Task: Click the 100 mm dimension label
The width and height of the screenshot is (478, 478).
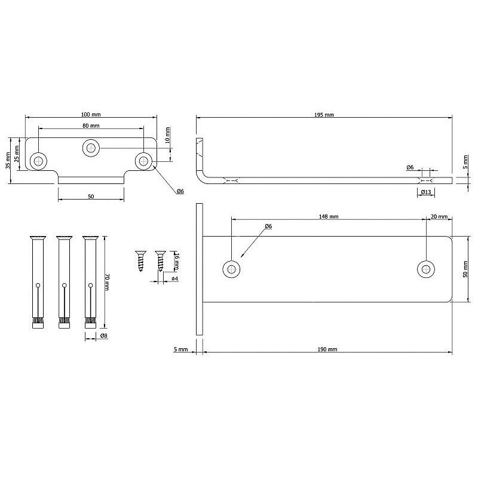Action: (91, 115)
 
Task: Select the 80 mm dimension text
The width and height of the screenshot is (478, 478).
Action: (91, 125)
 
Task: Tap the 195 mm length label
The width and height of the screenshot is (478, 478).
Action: (324, 115)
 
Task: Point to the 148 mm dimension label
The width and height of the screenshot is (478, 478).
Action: (329, 217)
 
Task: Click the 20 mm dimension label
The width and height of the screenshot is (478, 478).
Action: (439, 217)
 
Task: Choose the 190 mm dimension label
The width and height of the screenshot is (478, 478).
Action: (327, 350)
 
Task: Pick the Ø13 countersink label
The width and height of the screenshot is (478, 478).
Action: (426, 192)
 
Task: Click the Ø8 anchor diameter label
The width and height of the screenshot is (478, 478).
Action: (103, 336)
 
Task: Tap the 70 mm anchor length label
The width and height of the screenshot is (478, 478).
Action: (107, 282)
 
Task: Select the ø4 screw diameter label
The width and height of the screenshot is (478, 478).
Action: (174, 278)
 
